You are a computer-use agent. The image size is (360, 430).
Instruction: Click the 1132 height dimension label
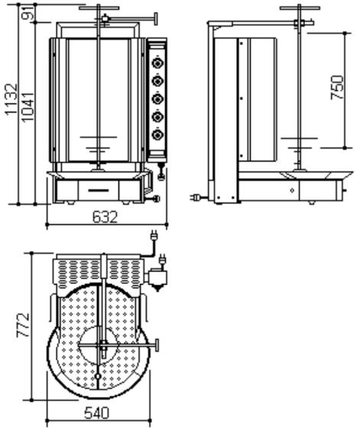pos(11,99)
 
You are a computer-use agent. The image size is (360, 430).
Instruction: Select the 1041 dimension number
pos(28,107)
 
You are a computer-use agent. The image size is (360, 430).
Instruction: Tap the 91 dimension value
pos(28,13)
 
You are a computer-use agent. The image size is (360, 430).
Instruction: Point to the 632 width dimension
pos(105,217)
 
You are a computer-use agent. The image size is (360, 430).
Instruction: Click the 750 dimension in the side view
pos(337,87)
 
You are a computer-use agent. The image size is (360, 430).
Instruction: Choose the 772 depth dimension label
pos(23,324)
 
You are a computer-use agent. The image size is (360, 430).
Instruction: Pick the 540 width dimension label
pos(96,413)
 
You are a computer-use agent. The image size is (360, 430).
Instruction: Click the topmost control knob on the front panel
pos(157,64)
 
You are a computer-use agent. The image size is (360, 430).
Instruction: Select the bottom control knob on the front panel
pos(157,135)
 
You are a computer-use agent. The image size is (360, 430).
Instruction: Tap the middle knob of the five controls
pos(157,99)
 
